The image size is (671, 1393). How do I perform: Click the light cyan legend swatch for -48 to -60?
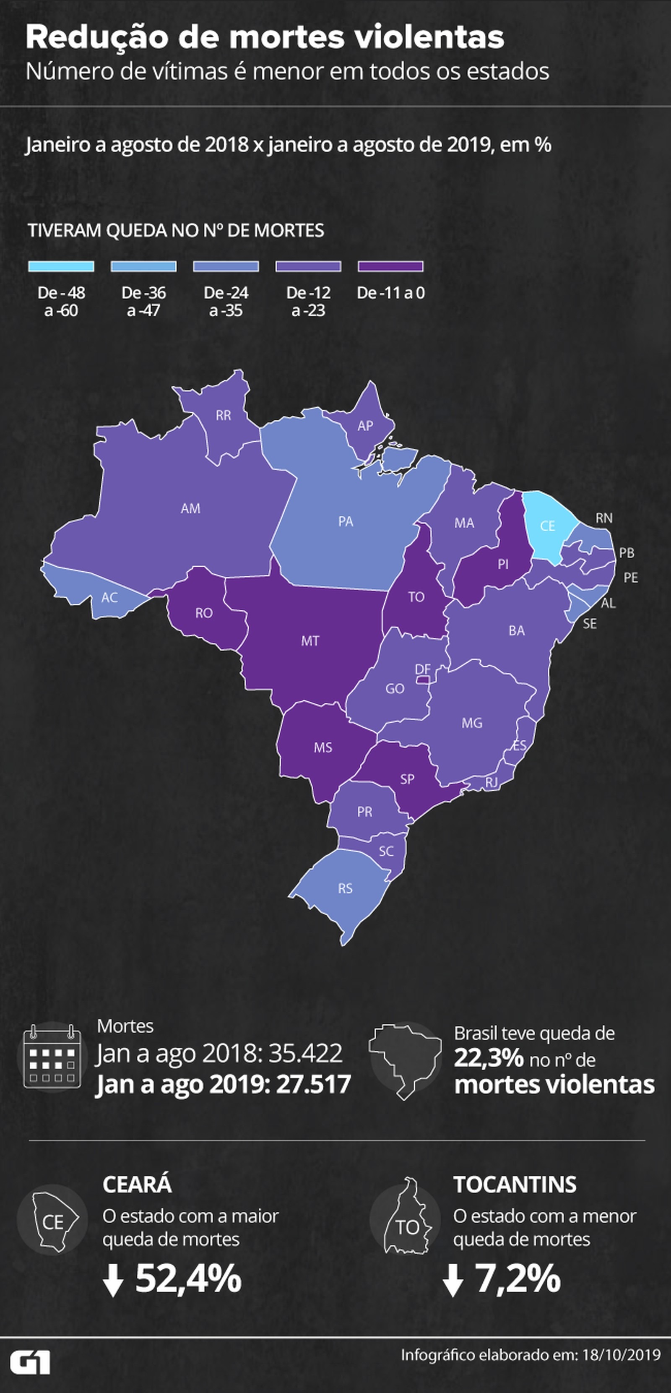tap(61, 266)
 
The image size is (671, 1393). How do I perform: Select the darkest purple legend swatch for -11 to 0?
tap(390, 266)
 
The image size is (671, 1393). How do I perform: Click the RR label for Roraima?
tap(223, 415)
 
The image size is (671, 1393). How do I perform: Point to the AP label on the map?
tap(366, 426)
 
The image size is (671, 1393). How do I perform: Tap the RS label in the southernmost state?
tap(346, 888)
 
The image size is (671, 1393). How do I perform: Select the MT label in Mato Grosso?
tap(310, 641)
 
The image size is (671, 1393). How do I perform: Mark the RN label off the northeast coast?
tap(604, 518)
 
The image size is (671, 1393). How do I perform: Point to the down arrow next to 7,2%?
tap(453, 1281)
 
